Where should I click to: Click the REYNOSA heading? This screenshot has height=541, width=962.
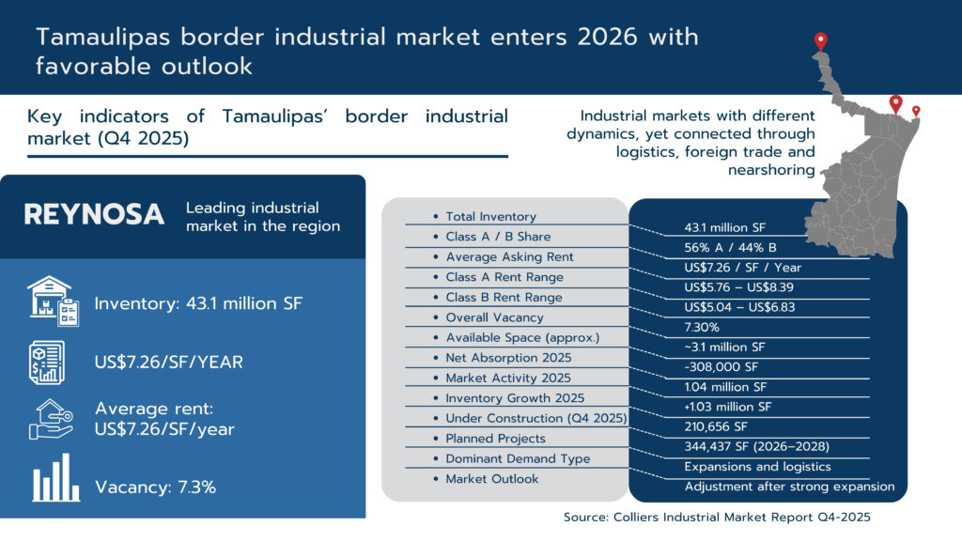(94, 215)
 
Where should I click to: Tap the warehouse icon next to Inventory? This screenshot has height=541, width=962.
(54, 301)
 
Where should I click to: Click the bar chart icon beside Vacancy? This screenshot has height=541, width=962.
(55, 478)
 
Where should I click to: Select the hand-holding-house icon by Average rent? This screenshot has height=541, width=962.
(52, 420)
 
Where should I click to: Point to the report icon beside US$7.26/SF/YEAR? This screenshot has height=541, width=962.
(47, 363)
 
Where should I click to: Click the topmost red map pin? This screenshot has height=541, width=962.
(821, 41)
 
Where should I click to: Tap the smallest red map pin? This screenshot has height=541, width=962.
(916, 111)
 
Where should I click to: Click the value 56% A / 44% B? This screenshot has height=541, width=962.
(730, 248)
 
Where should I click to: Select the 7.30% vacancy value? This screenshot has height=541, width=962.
(702, 328)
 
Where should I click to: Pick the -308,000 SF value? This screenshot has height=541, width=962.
(721, 367)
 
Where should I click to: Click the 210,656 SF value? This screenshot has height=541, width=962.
(716, 427)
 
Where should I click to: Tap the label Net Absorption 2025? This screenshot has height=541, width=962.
(508, 358)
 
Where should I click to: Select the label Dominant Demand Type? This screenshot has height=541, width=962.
(518, 458)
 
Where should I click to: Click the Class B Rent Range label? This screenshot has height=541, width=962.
(504, 298)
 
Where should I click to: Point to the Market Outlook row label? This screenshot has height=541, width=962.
(492, 479)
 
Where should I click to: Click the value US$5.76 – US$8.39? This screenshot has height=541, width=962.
(738, 287)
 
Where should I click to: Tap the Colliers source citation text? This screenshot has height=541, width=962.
(717, 518)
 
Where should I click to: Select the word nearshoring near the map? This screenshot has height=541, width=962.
(771, 170)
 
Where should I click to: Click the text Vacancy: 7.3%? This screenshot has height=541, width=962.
(155, 487)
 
